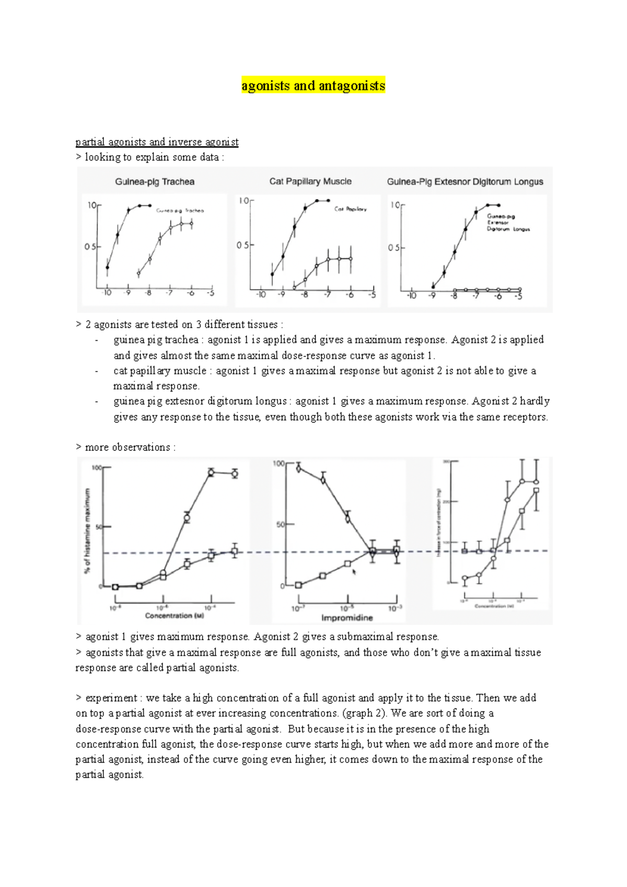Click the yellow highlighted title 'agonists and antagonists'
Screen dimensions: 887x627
coord(313,86)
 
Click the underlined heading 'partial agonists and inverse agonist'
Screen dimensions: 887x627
coord(157,142)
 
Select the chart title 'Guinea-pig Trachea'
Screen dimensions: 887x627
coord(155,182)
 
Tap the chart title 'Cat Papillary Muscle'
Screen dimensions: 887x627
coord(310,181)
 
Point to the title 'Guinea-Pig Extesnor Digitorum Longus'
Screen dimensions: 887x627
coord(465,182)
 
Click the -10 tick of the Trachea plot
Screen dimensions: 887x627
coord(107,293)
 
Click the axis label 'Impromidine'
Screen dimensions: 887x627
coord(347,618)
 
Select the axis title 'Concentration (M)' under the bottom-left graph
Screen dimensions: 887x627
coord(175,616)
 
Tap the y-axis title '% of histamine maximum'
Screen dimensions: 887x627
coord(87,530)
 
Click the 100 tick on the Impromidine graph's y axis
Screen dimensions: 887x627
coord(278,464)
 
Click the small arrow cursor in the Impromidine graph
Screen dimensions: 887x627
coord(354,572)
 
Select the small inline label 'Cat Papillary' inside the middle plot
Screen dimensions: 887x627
coord(351,209)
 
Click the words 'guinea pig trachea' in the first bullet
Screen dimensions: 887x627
coord(156,340)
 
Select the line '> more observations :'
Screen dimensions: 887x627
coord(125,447)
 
